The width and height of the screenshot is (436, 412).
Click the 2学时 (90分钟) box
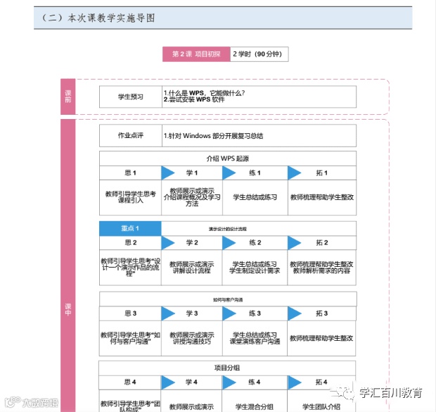(259, 54)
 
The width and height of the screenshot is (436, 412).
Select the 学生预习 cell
(130, 96)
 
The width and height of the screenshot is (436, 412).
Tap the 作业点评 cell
(130, 136)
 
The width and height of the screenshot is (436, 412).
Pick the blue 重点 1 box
(130, 228)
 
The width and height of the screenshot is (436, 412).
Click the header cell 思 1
(130, 173)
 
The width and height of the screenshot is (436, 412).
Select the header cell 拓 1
(321, 173)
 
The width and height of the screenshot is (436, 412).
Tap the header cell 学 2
(192, 242)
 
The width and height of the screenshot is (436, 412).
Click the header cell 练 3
(255, 313)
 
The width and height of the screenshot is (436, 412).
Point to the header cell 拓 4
(321, 382)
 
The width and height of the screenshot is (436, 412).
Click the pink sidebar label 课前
(68, 96)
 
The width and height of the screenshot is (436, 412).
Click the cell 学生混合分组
(255, 406)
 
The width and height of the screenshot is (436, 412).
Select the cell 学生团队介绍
(321, 406)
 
